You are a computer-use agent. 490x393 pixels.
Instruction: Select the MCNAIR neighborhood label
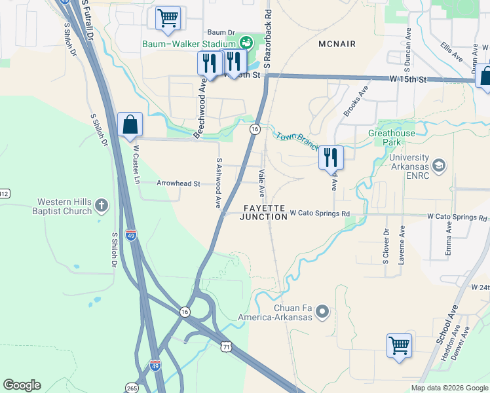coord(337,44)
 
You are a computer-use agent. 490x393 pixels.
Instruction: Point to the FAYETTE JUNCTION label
coord(264,212)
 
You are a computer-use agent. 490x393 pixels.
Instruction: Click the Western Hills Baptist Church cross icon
coord(102,206)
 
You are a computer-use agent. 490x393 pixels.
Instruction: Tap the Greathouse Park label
coord(392,138)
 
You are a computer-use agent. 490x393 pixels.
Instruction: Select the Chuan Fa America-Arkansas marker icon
coord(322,314)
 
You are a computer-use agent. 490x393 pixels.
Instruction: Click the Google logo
coord(22,385)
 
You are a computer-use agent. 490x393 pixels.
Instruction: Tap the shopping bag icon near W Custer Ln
coord(130,124)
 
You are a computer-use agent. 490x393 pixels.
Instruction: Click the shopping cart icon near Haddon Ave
coord(399,345)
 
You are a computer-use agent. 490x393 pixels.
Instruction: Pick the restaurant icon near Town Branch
coord(331,157)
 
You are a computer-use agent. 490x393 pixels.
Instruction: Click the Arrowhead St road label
coord(178,184)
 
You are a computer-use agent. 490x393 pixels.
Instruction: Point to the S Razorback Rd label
coord(267,41)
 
